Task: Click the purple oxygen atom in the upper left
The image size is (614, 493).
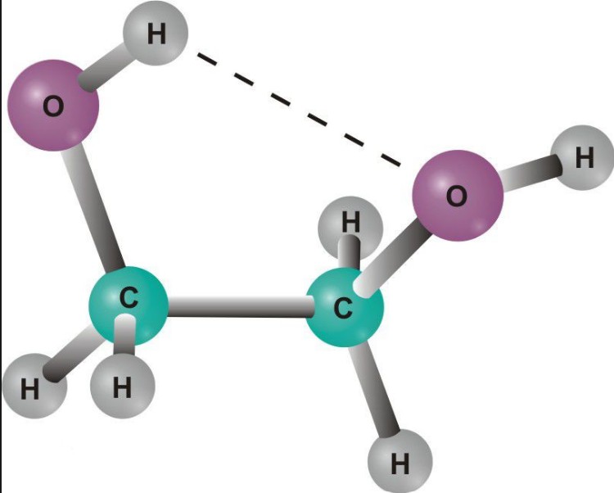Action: (x=54, y=106)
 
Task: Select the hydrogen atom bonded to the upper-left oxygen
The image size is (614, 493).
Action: (x=156, y=34)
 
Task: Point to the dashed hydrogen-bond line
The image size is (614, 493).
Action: (x=299, y=109)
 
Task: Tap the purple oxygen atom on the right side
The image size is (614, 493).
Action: (x=458, y=196)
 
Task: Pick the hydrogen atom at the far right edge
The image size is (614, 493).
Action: (x=583, y=158)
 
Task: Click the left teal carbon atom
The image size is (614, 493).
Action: (x=129, y=306)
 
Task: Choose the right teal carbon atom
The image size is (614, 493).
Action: (x=344, y=307)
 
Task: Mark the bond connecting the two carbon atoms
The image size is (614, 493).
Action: (x=237, y=306)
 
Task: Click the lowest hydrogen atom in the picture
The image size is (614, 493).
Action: (x=400, y=461)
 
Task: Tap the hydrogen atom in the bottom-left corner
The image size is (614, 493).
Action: (x=34, y=386)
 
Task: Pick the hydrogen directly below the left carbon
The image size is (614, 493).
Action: (x=123, y=386)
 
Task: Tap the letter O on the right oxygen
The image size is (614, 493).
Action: (x=457, y=196)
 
